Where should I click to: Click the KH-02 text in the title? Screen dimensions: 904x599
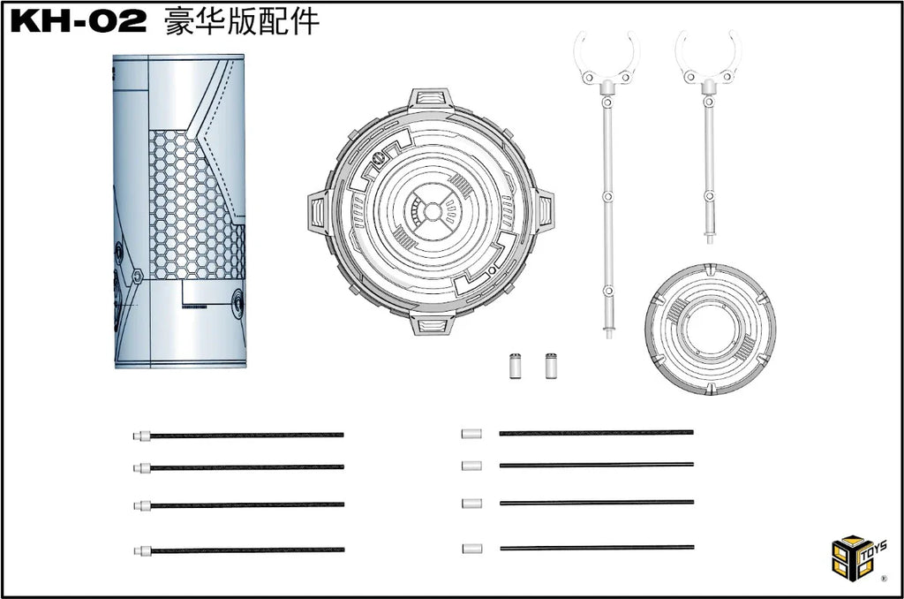click(x=79, y=22)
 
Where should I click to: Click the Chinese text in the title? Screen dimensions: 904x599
click(x=242, y=22)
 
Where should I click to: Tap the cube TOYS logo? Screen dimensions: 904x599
click(x=858, y=557)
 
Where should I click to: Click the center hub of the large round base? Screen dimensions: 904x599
click(x=431, y=212)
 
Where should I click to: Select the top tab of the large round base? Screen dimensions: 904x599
click(x=431, y=100)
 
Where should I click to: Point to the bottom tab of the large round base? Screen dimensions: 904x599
click(x=431, y=323)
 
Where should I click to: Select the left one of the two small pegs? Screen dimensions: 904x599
click(x=516, y=365)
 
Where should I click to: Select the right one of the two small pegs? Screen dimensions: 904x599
click(x=551, y=365)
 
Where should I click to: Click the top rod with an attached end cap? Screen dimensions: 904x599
click(x=238, y=435)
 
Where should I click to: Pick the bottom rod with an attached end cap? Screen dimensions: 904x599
click(x=238, y=550)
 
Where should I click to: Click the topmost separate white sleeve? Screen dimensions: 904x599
click(x=471, y=434)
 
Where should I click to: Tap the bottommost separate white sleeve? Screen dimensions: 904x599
click(x=471, y=549)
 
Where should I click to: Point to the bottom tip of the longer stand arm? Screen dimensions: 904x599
click(x=609, y=337)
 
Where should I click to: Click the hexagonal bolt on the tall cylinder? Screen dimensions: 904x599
click(x=137, y=276)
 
